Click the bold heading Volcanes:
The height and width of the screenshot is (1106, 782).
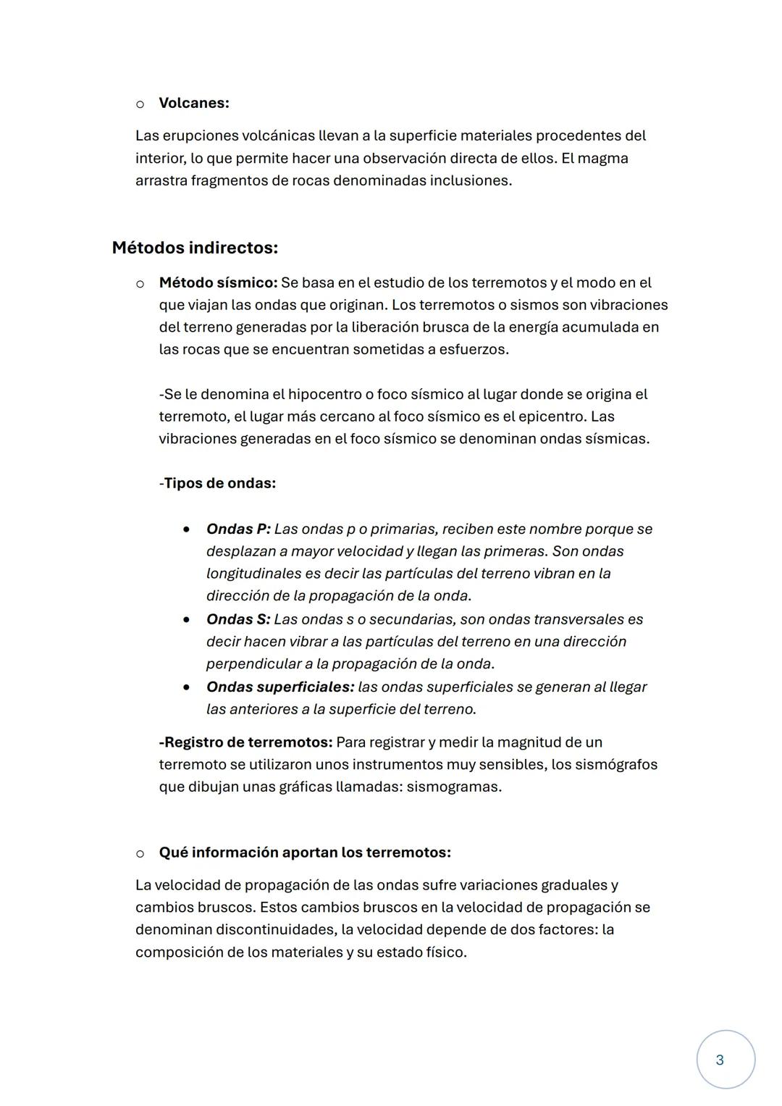(193, 103)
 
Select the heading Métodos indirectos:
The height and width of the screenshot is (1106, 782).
(195, 248)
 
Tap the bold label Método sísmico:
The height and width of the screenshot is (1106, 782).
(218, 282)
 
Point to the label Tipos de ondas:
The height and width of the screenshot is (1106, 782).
(219, 483)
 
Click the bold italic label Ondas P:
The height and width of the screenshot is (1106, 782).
(238, 529)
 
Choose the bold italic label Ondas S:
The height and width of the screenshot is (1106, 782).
(238, 619)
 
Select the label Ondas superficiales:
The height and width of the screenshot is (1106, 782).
(280, 687)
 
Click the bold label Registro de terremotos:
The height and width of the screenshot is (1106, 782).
(246, 742)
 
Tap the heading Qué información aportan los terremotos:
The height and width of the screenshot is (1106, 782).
(305, 852)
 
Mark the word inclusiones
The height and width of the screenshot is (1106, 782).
(471, 180)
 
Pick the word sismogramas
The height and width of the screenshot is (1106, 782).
(453, 787)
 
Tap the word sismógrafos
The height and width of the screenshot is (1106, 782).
(616, 764)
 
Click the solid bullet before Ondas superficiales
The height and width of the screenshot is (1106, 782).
(187, 687)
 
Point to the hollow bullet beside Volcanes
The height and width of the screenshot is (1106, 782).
(140, 104)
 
